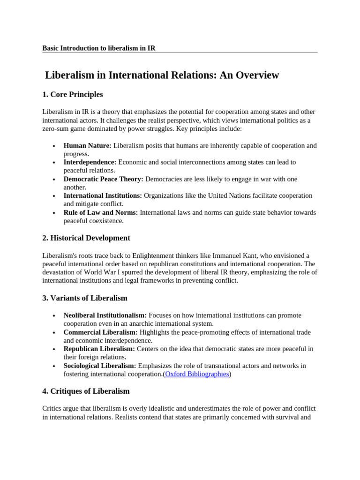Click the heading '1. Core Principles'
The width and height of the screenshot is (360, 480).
pos(72,95)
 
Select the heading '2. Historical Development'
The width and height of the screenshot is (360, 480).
pos(86,238)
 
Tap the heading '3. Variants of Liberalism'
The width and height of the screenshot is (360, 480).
pos(84,298)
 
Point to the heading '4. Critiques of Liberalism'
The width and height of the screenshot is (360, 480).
pos(86,391)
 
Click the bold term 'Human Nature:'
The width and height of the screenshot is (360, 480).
pos(87,146)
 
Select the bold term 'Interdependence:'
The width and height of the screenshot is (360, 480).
pos(90,162)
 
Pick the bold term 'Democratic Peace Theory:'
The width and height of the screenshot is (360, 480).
pos(104,179)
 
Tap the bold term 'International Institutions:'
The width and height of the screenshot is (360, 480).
pos(103,195)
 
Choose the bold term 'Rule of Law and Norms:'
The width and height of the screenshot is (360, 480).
pos(100,212)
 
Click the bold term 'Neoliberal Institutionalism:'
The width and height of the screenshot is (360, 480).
pos(105,315)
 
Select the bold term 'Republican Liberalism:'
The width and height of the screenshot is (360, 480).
pos(99,349)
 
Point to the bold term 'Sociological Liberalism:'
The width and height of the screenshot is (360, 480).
pos(100,366)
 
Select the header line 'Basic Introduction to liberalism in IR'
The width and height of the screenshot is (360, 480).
pos(98,48)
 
